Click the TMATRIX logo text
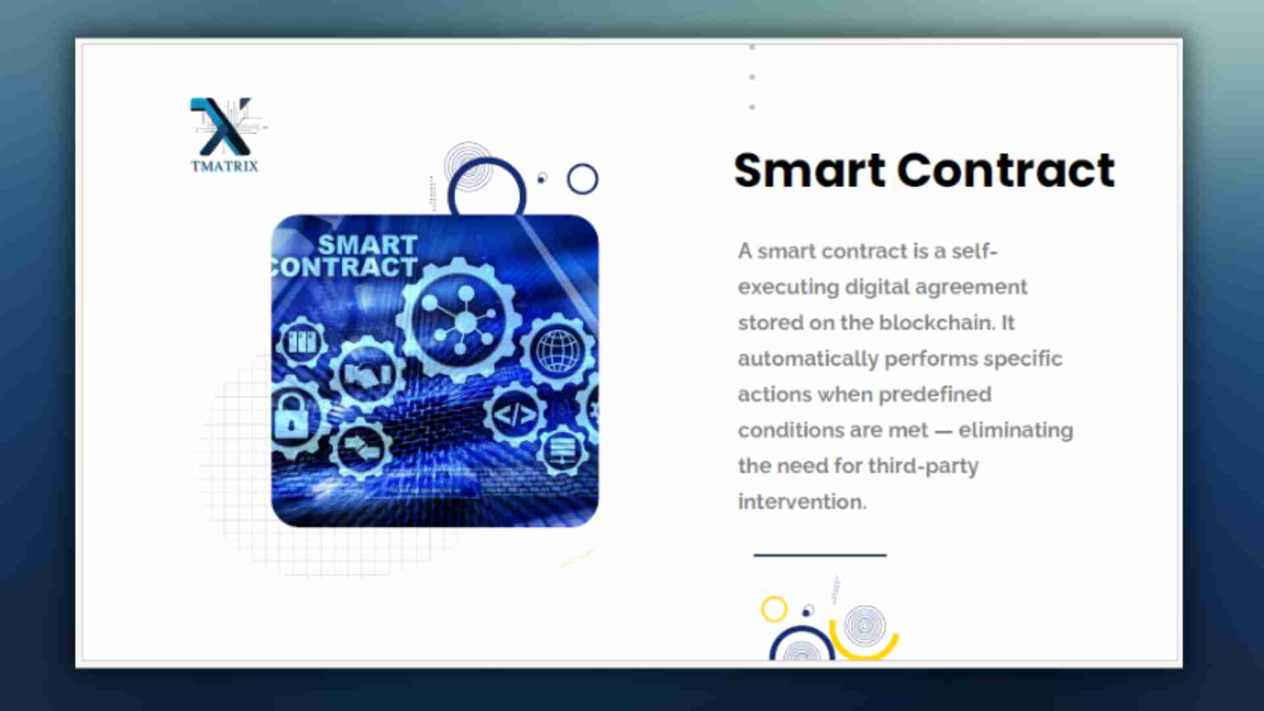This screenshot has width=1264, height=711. [x=224, y=166]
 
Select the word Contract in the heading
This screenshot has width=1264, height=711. [x=1007, y=171]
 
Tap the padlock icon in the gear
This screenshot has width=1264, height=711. [x=291, y=415]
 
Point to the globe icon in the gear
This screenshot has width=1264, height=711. [x=559, y=350]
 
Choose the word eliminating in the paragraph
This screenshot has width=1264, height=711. [x=1015, y=431]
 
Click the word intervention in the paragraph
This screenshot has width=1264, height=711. [x=802, y=502]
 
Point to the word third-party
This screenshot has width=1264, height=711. [x=923, y=467]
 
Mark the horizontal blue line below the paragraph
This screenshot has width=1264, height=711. [x=820, y=555]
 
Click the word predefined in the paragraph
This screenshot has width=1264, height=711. [x=935, y=395]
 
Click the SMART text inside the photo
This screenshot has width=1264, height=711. [x=367, y=245]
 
